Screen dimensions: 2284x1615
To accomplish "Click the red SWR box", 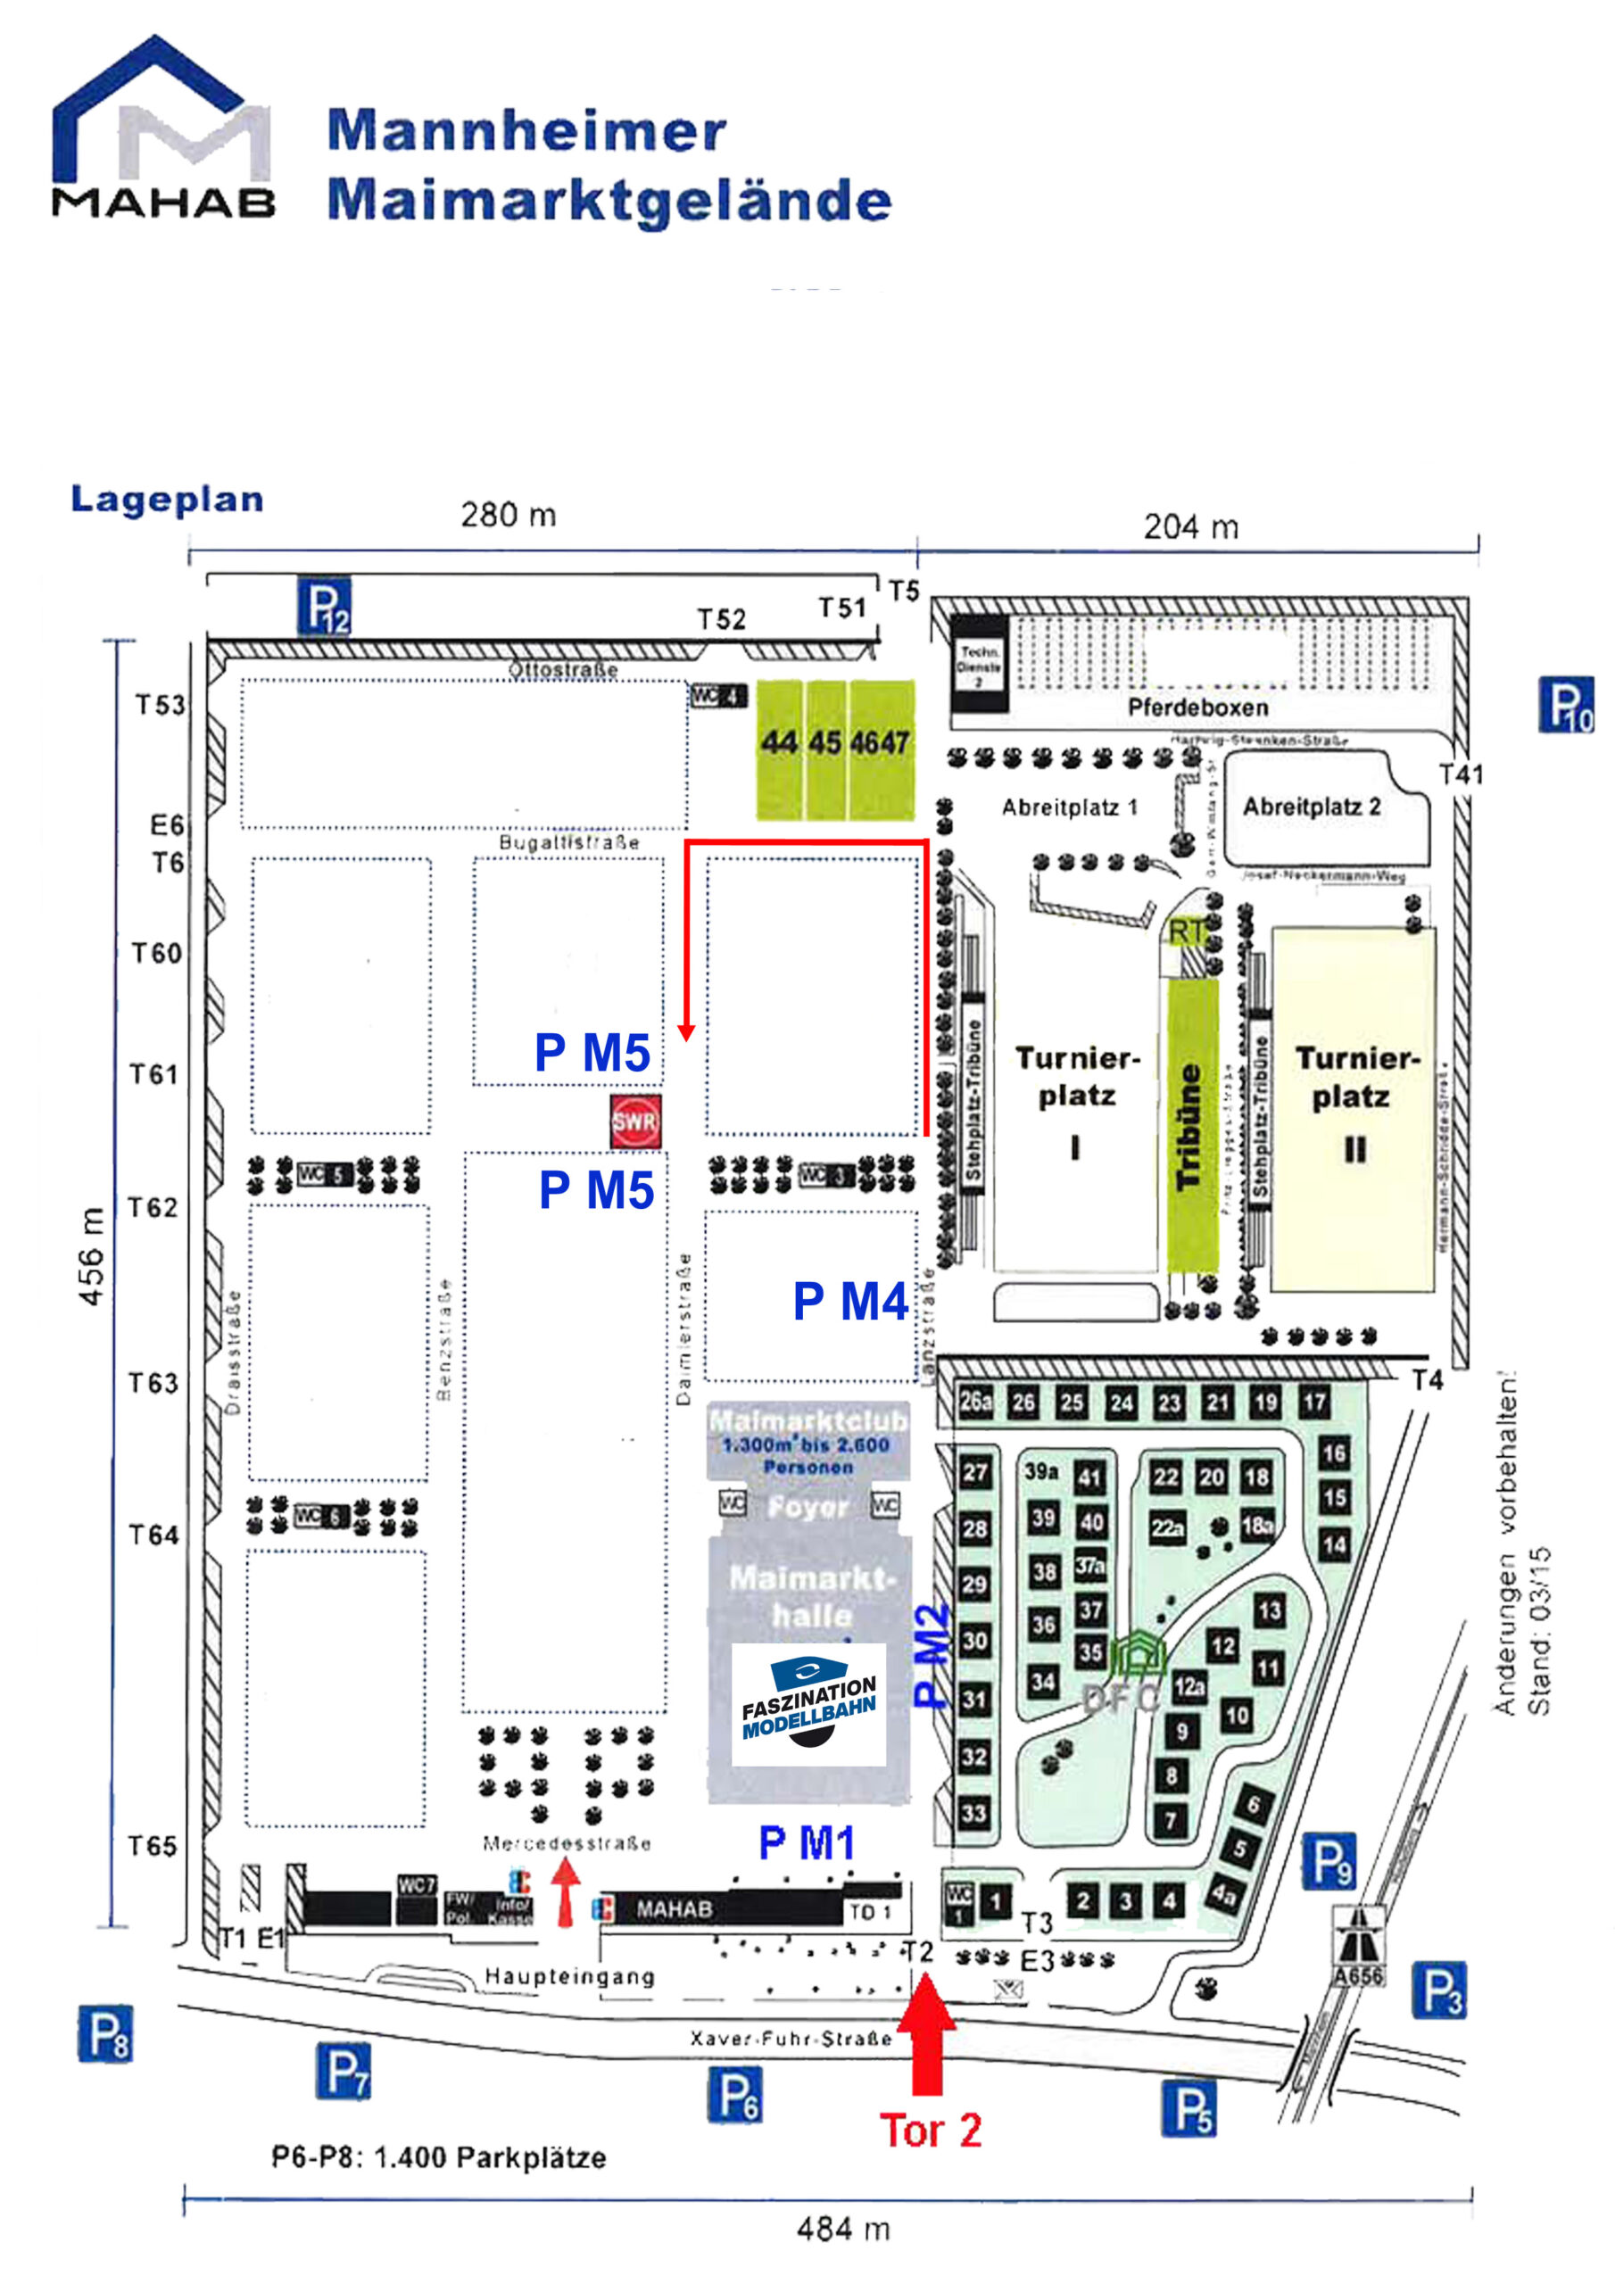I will click(x=635, y=1121).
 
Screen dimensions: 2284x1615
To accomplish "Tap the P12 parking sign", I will click(x=325, y=606).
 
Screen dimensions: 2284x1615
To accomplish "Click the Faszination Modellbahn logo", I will click(x=808, y=1705).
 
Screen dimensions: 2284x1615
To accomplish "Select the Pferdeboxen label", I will click(x=1197, y=708).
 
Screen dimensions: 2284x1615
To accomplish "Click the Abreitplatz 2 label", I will click(x=1312, y=806).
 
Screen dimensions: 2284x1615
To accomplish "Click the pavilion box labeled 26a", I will click(x=975, y=1402).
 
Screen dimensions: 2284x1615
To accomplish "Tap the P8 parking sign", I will click(x=104, y=2033).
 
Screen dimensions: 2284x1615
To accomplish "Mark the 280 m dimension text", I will click(x=508, y=516).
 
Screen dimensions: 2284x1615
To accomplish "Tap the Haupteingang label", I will click(x=569, y=1975).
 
